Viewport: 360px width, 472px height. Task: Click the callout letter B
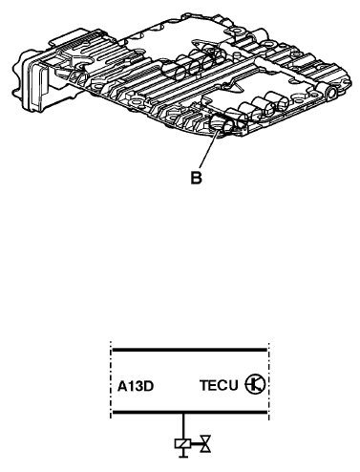[196, 178]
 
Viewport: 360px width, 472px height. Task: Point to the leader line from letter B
[209, 149]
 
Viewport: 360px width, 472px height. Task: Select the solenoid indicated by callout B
[221, 124]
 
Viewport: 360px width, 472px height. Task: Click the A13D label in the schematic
[136, 386]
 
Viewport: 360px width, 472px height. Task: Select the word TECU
[219, 385]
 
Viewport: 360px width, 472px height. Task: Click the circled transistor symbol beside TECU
[255, 384]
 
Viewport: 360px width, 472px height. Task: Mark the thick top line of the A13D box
[190, 350]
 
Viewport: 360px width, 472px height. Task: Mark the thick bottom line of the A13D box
[190, 412]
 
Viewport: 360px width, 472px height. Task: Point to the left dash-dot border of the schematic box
[111, 380]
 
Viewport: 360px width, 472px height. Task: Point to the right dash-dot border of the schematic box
[268, 381]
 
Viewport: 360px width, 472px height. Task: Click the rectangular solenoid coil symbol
[182, 443]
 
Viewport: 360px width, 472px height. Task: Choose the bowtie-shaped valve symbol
[205, 443]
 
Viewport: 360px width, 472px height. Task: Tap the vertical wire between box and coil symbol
[183, 426]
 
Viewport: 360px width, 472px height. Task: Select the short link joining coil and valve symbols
[196, 443]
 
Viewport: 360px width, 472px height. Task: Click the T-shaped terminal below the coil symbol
[183, 453]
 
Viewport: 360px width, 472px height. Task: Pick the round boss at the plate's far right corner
[331, 93]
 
